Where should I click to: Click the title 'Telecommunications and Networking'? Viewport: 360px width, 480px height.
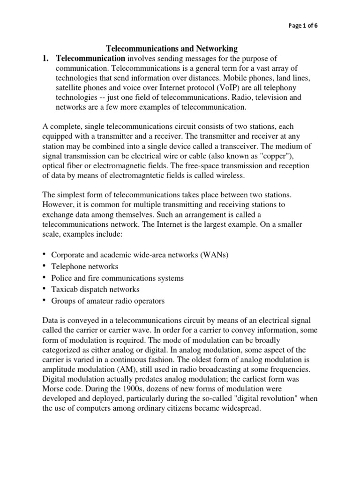(x=172, y=48)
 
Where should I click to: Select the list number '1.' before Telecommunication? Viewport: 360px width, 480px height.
(x=46, y=59)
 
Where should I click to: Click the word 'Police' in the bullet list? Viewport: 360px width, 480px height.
(x=61, y=278)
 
